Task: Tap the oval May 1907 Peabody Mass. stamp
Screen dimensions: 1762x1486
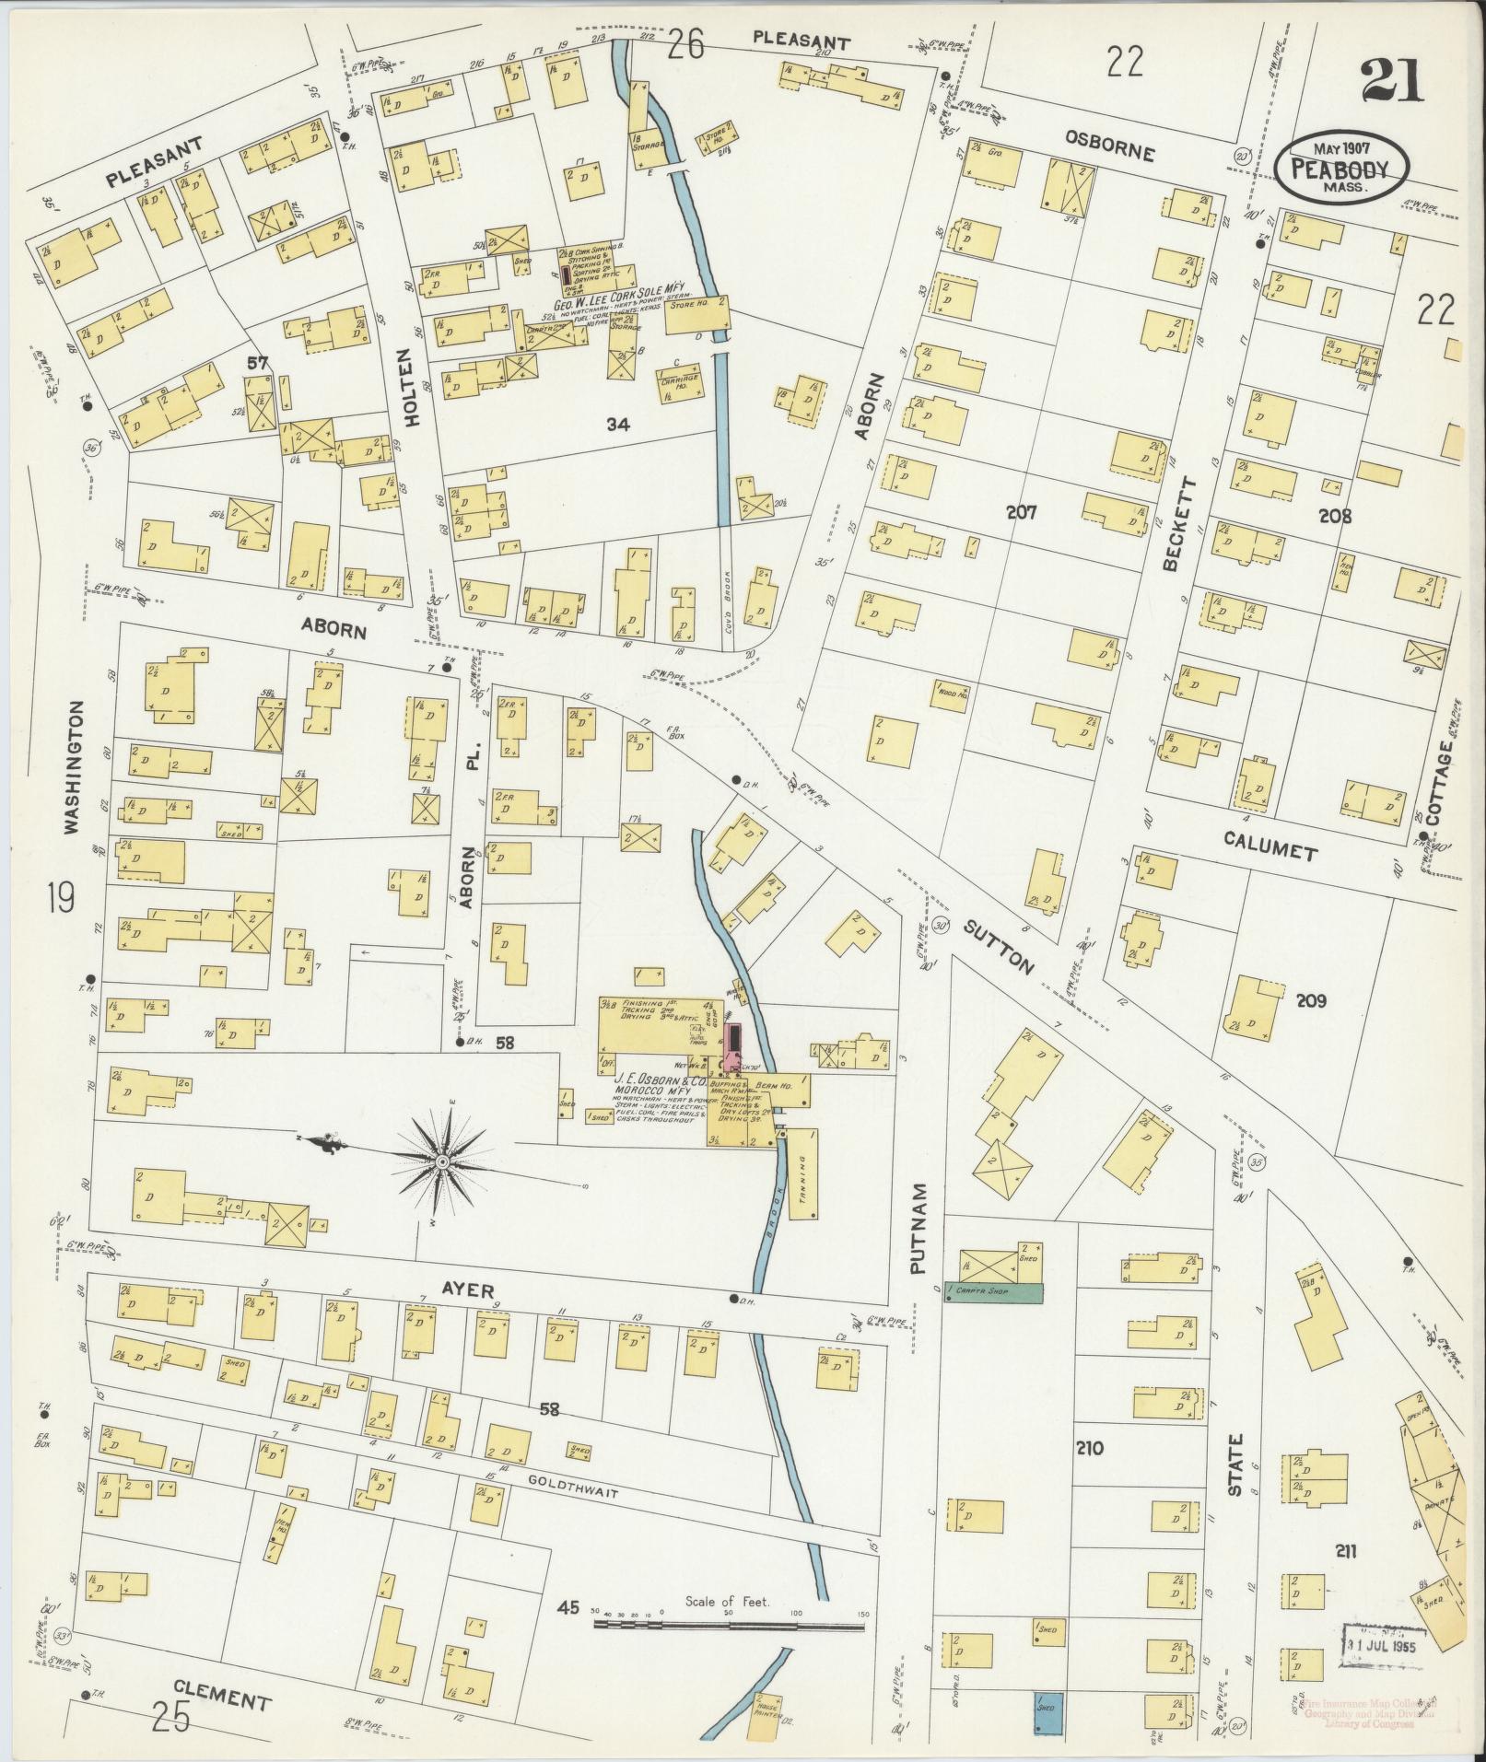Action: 1344,166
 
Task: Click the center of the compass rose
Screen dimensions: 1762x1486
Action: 442,1163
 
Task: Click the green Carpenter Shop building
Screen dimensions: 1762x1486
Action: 994,1292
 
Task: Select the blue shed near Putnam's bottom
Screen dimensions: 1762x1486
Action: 1048,1714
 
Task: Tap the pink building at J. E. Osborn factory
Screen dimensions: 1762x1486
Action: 734,1047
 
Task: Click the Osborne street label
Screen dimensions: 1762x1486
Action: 1109,146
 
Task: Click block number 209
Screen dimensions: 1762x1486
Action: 1310,1000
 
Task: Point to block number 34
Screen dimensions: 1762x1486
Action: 616,424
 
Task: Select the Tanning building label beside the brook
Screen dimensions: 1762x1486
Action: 805,1173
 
